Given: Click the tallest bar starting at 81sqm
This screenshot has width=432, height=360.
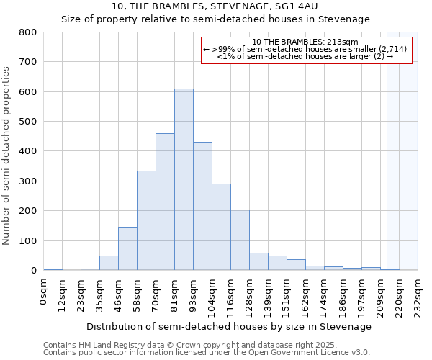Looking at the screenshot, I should pos(184,180).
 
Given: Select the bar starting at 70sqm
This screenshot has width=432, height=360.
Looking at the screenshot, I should pos(165,202).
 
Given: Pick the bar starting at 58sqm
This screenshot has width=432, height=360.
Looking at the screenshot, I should pos(146,220).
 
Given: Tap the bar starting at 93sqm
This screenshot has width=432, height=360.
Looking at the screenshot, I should pos(202,206).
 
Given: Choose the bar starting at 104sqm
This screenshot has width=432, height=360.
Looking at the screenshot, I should pos(221,227).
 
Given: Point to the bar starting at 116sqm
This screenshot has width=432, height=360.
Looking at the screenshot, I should pos(240,240).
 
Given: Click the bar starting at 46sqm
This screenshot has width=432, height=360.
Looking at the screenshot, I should pos(127,248).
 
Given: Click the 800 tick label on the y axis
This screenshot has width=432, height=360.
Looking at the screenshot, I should pos(28,32).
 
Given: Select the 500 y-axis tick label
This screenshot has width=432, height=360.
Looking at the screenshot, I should pos(28,122).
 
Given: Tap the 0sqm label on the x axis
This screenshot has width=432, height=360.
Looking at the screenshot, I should pos(45,292).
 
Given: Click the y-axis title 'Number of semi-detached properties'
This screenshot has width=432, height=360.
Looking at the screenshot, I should pos(7,156).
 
